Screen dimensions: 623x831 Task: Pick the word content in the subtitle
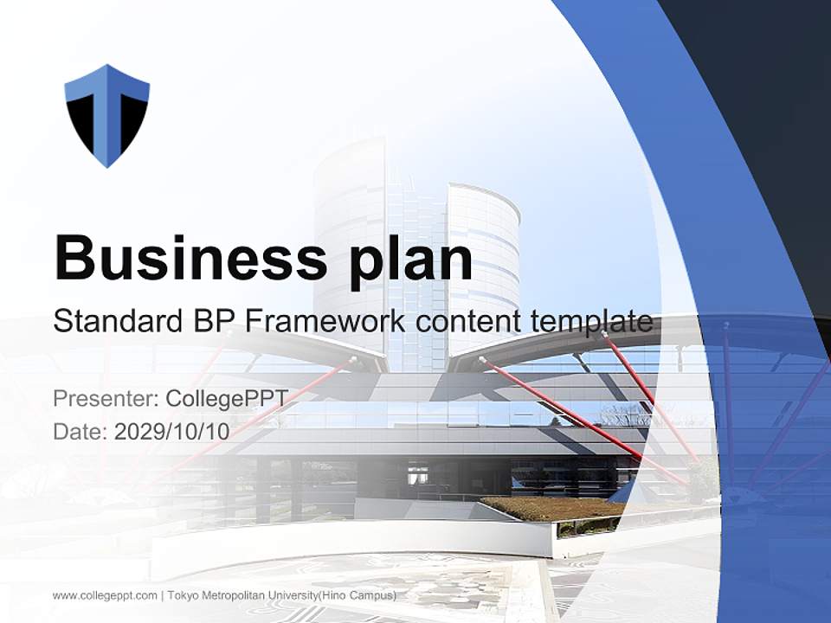tap(467, 322)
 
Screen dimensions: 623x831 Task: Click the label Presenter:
tap(106, 399)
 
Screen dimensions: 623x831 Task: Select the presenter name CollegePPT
tap(227, 399)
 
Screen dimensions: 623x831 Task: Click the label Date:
tap(81, 431)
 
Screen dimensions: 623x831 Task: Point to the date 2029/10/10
tap(172, 431)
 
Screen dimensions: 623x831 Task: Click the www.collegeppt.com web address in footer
tap(105, 595)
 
